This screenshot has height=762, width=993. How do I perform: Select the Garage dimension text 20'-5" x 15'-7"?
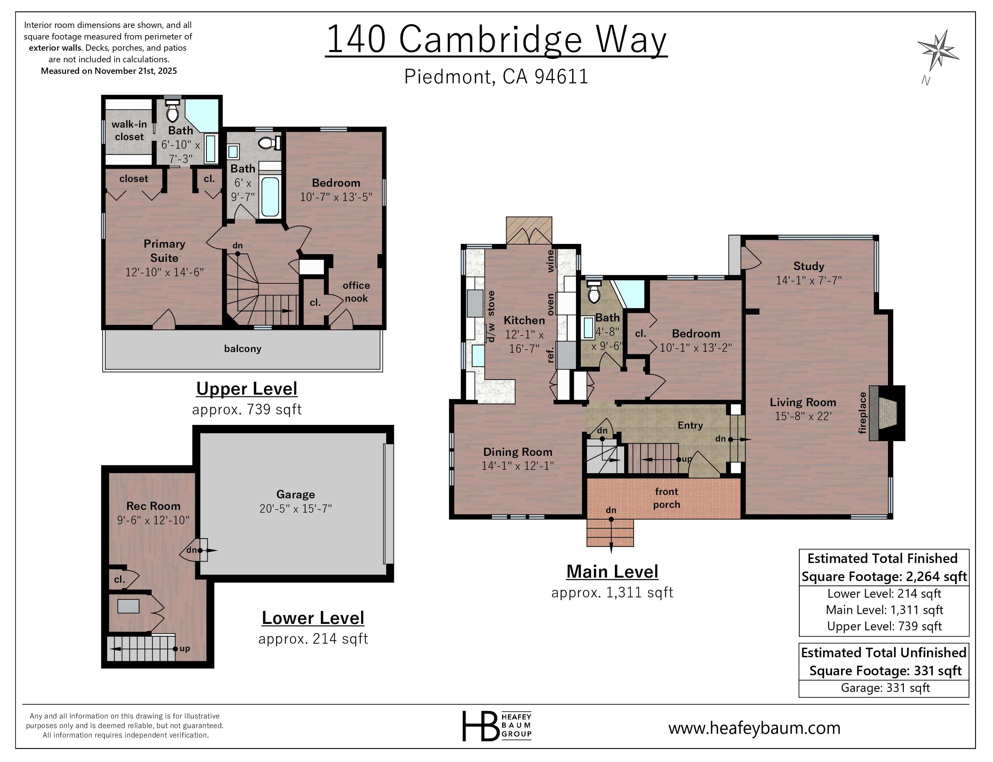coord(295,509)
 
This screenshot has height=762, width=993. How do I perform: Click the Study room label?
coord(808,266)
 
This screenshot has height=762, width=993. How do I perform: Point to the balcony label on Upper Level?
coord(242,349)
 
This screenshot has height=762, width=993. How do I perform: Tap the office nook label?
coord(356,292)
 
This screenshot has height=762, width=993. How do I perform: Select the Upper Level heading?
coord(246,389)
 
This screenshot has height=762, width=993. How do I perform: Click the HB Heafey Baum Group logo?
coord(496,726)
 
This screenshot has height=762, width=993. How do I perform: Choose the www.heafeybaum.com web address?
coord(754,728)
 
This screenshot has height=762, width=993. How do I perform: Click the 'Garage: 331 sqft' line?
coord(885,688)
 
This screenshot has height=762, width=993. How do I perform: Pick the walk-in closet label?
coord(129,130)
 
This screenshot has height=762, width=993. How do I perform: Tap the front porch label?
coord(666,498)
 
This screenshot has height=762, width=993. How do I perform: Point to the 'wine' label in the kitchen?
coord(550,261)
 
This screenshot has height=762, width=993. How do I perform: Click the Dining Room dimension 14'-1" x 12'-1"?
coord(517,466)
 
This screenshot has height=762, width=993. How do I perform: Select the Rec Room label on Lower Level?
coord(153,506)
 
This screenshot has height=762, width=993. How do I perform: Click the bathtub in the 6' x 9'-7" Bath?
coord(270,196)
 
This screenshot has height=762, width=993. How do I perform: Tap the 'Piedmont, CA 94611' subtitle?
coord(496,77)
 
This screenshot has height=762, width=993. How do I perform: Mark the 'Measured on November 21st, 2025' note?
coord(109,71)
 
